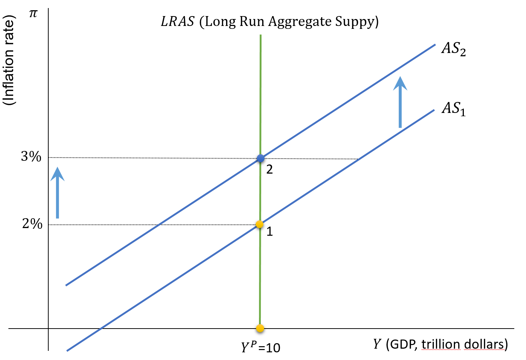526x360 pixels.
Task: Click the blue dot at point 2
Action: [x=260, y=158]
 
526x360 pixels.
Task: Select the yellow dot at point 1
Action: [x=260, y=224]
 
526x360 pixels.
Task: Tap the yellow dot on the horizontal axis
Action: [x=260, y=328]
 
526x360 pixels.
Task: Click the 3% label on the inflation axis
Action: [x=31, y=157]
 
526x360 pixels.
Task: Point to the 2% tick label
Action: [x=32, y=223]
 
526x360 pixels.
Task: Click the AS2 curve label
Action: [x=453, y=49]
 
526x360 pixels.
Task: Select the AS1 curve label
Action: [x=453, y=109]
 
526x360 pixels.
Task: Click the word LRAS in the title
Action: [x=177, y=22]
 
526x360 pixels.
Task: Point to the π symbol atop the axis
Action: [x=33, y=14]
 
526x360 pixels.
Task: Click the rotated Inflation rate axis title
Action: [x=9, y=60]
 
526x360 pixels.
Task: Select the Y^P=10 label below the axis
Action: [x=260, y=347]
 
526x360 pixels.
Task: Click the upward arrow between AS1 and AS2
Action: [x=400, y=102]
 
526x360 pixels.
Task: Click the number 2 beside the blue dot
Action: [x=270, y=169]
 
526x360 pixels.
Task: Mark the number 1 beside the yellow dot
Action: [x=270, y=231]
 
